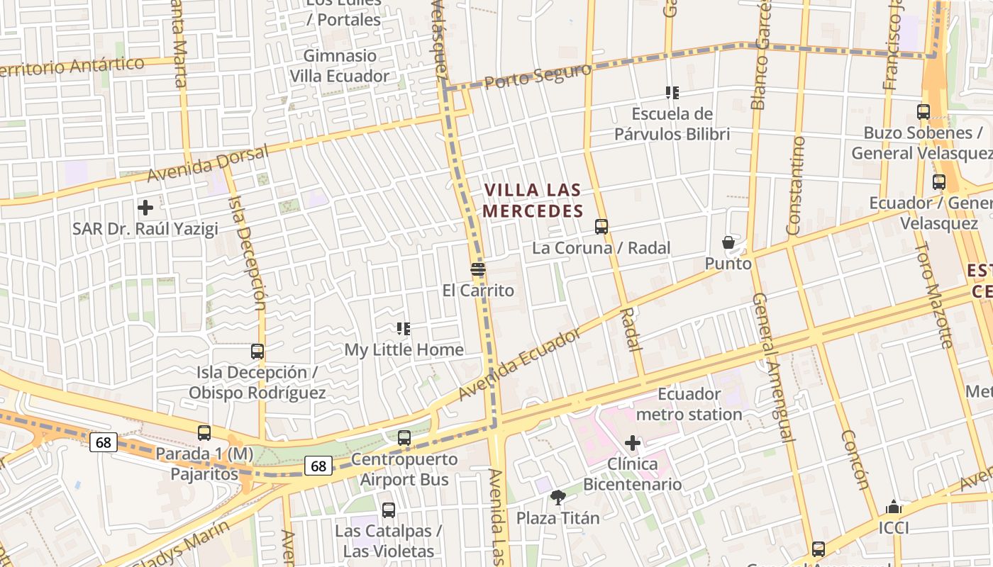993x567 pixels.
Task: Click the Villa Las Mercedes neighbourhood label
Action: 533,201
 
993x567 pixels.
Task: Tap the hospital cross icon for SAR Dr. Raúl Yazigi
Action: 145,208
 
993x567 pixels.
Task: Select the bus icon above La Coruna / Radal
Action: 601,227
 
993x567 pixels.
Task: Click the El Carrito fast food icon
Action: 478,269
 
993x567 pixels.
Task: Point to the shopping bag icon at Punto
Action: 728,243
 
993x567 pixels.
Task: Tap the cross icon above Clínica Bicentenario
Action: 633,444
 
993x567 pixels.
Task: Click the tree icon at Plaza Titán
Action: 558,498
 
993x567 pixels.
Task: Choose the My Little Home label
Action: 404,350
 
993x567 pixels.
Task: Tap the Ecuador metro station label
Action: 689,404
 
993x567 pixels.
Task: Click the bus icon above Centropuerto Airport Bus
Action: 404,438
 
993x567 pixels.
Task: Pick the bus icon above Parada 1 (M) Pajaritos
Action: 204,432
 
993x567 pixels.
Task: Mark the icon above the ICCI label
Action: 894,507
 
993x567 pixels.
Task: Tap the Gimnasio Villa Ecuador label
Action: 340,66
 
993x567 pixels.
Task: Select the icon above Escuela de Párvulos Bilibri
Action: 672,93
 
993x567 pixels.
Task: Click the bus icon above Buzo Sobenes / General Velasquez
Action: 923,112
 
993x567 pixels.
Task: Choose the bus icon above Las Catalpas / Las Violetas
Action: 389,510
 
